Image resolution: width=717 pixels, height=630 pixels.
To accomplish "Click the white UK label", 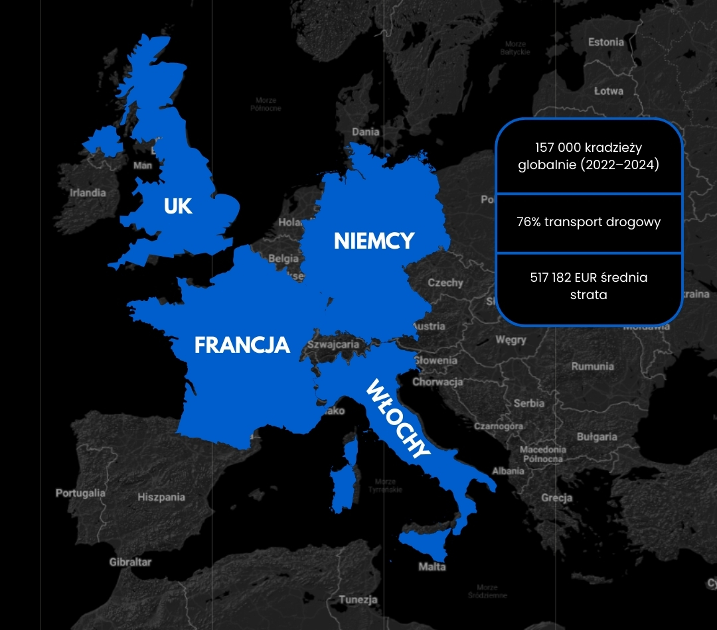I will (x=178, y=206).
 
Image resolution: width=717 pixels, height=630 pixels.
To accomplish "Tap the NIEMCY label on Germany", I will (x=374, y=241).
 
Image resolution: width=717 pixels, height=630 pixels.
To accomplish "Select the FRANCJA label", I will (x=242, y=345).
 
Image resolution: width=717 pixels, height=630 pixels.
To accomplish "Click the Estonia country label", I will (x=606, y=42).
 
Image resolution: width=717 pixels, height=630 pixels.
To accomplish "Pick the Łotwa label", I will (x=609, y=91).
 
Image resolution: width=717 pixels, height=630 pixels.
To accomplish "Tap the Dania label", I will (x=366, y=132).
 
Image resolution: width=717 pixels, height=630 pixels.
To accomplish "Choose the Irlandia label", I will (x=88, y=193).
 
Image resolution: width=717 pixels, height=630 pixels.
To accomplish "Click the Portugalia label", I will (x=80, y=493).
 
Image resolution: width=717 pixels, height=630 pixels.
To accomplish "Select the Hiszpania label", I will (x=161, y=497).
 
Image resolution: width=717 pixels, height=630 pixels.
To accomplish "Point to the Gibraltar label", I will (x=130, y=562).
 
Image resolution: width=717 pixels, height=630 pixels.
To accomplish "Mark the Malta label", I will (x=432, y=567).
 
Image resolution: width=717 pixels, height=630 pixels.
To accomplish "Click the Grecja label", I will (x=556, y=497).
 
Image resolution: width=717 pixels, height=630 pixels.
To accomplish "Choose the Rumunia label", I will (x=593, y=366).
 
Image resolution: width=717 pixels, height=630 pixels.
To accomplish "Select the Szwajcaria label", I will (x=333, y=345).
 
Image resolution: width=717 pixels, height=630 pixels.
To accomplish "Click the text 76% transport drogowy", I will (x=589, y=222).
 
